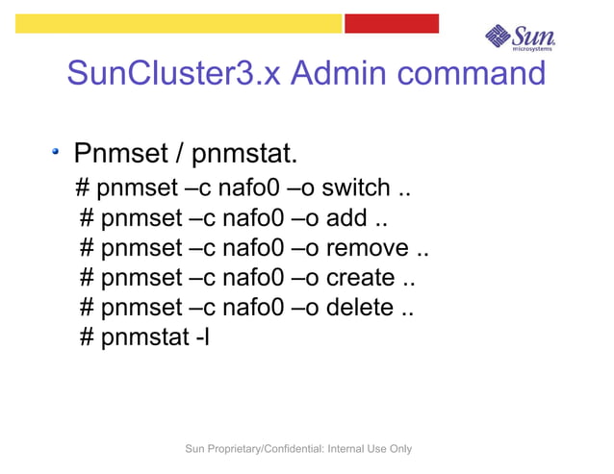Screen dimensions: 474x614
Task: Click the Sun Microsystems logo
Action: (x=521, y=36)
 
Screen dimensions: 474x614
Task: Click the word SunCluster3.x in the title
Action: (x=172, y=73)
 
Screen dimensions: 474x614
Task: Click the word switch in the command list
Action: (x=356, y=187)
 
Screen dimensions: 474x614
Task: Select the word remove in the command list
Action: (x=369, y=248)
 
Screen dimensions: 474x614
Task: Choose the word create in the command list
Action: (x=360, y=278)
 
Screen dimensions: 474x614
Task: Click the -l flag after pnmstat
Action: (x=200, y=337)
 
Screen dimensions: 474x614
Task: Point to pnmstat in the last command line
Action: (x=144, y=338)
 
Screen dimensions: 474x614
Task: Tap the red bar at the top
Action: (x=391, y=22)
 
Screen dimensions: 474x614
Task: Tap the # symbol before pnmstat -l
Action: (x=87, y=338)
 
